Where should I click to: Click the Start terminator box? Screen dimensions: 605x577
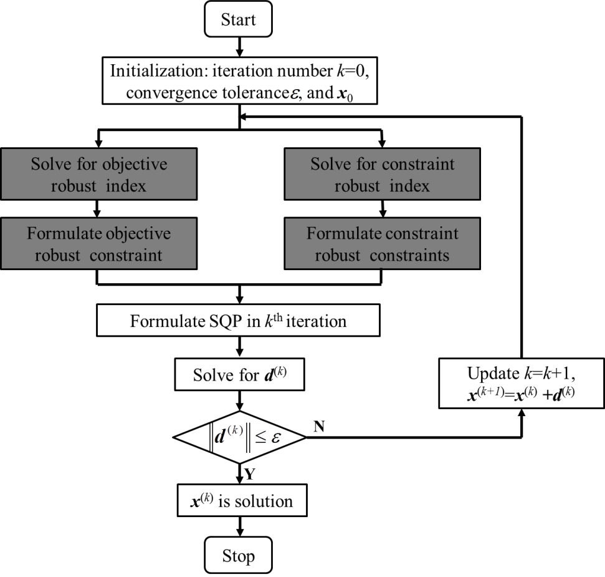click(238, 19)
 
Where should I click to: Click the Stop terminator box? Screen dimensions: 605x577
click(238, 555)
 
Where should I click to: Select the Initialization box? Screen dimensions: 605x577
click(240, 80)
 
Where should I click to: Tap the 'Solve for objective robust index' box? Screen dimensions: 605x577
click(99, 174)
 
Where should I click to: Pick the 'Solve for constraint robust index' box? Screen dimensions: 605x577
click(383, 174)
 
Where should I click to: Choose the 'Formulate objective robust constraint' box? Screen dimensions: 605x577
click(99, 243)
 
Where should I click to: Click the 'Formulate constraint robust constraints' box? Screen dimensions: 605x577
click(383, 243)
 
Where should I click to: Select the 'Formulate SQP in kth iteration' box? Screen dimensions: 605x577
click(238, 320)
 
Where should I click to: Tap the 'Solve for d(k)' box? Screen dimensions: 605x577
click(240, 374)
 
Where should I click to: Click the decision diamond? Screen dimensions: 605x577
click(240, 437)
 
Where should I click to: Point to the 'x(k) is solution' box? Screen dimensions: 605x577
click(242, 500)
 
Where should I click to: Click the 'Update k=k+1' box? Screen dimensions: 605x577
click(522, 383)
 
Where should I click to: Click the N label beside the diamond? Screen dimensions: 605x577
click(319, 427)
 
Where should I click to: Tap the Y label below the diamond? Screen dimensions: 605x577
click(250, 473)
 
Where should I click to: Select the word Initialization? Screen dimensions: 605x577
click(158, 70)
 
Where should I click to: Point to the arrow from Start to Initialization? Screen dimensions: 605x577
click(240, 47)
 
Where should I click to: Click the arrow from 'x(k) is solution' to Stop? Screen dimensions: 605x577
click(240, 526)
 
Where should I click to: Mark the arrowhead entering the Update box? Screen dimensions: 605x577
click(522, 412)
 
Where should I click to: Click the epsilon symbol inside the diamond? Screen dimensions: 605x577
click(276, 437)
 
